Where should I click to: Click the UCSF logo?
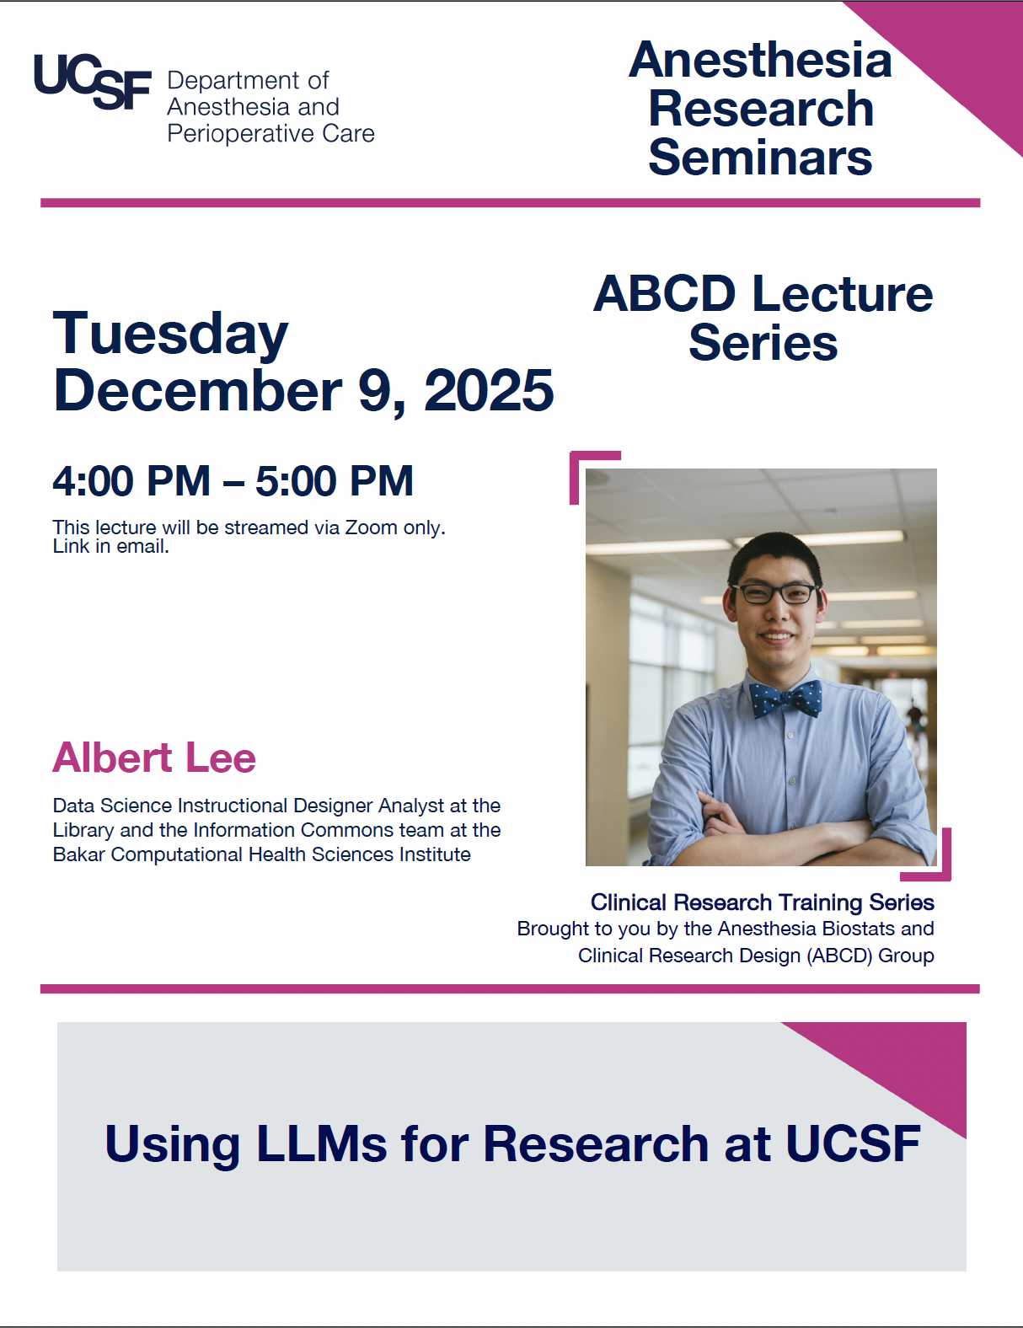(92, 82)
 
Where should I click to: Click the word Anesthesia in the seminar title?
(760, 61)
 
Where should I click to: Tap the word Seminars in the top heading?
(760, 158)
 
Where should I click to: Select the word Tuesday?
(171, 335)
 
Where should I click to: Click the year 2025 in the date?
(489, 391)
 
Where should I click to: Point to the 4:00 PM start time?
(131, 481)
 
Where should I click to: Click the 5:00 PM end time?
(335, 481)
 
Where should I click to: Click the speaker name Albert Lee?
(154, 758)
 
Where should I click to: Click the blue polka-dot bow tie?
(786, 699)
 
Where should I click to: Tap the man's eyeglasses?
(775, 592)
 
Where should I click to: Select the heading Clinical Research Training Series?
(762, 902)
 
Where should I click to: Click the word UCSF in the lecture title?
(852, 1143)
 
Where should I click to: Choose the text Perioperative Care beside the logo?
(270, 133)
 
